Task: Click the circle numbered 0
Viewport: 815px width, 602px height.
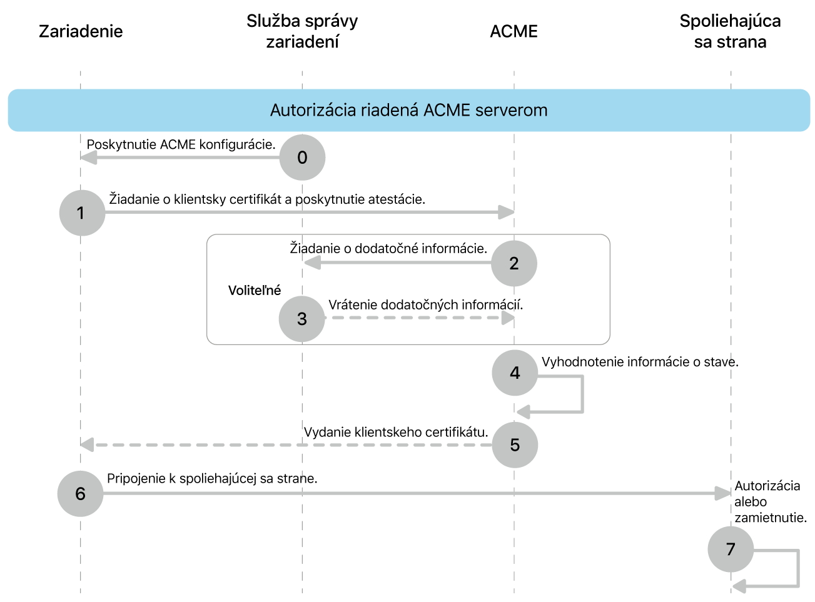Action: [302, 158]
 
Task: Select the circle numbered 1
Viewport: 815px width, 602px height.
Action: [82, 213]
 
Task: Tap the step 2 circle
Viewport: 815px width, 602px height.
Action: [514, 263]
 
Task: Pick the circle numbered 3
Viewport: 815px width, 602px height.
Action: [302, 319]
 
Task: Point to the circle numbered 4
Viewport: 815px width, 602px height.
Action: [515, 373]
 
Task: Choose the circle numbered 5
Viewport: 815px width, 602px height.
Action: [515, 445]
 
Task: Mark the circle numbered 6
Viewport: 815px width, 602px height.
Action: [80, 494]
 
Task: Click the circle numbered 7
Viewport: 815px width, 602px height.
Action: [731, 549]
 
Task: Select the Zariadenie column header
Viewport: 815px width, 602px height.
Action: [81, 31]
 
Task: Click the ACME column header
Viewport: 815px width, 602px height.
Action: [514, 31]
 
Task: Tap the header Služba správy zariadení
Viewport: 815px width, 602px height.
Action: [302, 31]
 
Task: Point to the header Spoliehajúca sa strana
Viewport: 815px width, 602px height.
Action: [730, 31]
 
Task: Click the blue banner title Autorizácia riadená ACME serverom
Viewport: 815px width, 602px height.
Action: [408, 111]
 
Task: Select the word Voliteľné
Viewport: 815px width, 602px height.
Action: [255, 291]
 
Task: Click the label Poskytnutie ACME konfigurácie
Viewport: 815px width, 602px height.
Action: [181, 144]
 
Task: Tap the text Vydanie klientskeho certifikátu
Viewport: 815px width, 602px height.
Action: [396, 432]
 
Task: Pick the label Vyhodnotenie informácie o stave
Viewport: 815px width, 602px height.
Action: [640, 362]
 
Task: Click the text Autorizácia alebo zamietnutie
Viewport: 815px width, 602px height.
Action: [770, 502]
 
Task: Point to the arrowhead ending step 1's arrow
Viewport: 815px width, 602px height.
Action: [506, 213]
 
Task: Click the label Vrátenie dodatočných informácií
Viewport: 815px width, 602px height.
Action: [425, 305]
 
